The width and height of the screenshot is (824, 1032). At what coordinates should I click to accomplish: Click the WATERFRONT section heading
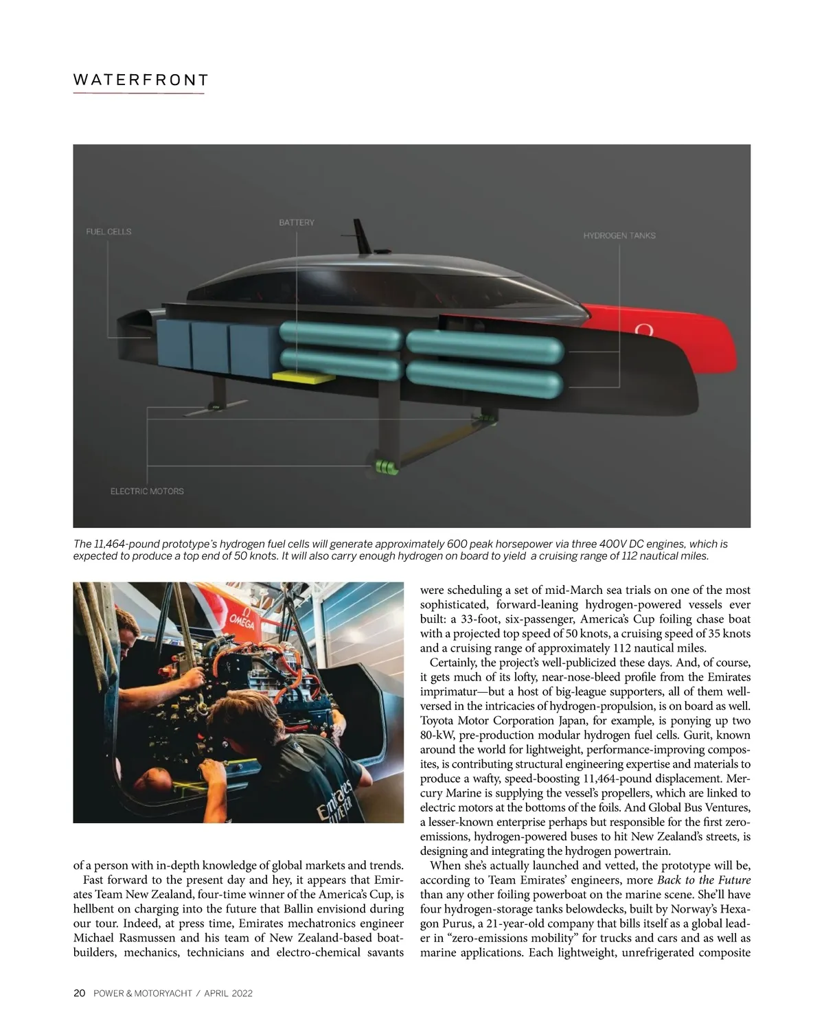(140, 80)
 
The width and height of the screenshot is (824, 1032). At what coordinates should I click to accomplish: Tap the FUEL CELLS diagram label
(108, 231)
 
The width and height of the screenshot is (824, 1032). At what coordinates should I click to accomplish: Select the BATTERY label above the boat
(297, 222)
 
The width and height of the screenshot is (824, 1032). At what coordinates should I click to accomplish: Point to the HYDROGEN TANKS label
(619, 236)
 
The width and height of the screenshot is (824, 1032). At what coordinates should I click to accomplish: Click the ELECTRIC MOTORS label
(147, 491)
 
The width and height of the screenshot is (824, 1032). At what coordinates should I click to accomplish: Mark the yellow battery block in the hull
(304, 376)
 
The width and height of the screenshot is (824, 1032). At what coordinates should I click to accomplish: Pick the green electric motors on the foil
(386, 468)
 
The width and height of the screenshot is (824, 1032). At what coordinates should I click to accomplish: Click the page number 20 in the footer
(79, 993)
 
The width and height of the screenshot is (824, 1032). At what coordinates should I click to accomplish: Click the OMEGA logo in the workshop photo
(241, 621)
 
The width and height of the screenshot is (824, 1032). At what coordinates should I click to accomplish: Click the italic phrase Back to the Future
(704, 880)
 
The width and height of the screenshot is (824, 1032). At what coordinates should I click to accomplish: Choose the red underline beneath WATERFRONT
(139, 93)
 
